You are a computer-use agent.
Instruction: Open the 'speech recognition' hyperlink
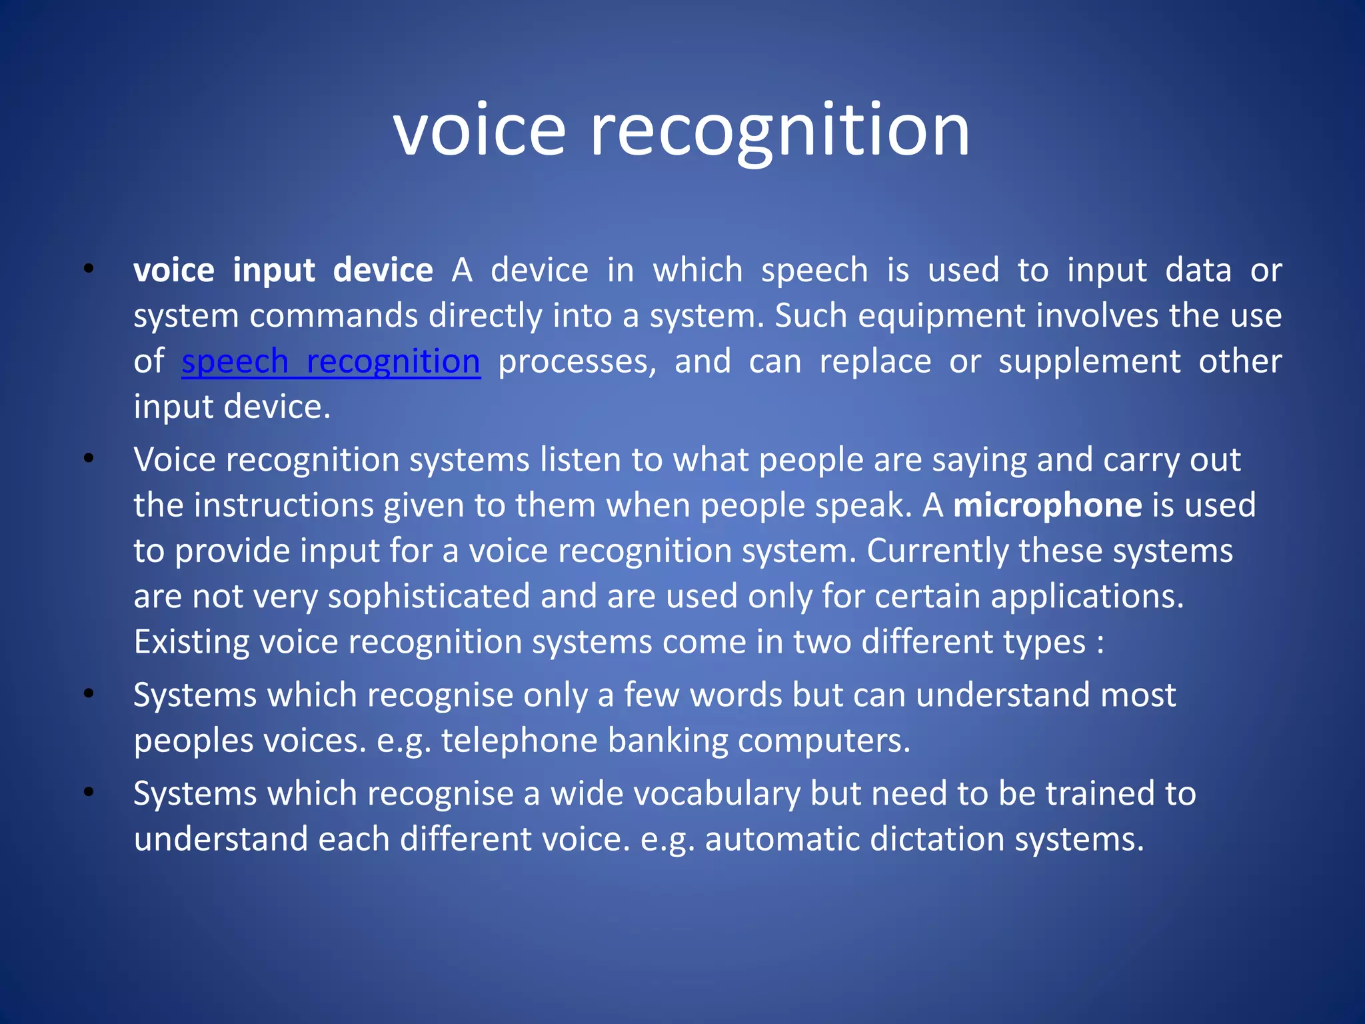click(x=331, y=362)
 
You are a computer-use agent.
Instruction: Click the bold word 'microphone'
click(x=1048, y=505)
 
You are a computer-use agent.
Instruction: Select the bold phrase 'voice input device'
click(x=283, y=271)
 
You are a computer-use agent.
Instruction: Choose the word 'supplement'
click(x=1089, y=362)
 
